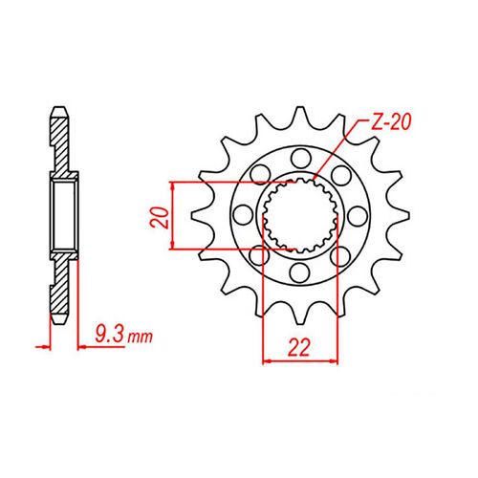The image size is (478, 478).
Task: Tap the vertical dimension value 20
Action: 162,215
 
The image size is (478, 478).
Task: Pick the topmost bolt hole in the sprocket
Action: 299,154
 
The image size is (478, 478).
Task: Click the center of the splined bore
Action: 299,215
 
